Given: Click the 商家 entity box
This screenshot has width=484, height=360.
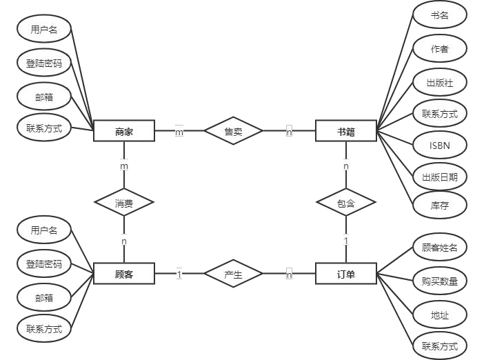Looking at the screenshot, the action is [124, 131].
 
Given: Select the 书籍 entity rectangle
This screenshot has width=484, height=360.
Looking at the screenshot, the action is [345, 131].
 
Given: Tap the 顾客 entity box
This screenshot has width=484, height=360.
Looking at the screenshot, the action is [124, 274].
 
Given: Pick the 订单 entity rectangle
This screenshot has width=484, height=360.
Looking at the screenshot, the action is [345, 274].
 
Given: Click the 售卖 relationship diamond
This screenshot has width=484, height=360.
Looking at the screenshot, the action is [233, 131].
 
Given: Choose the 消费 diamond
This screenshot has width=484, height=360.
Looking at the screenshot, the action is [124, 203].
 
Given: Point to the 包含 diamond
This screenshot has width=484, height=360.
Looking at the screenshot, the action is [345, 203].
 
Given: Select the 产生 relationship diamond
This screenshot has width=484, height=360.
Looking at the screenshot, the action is [233, 274].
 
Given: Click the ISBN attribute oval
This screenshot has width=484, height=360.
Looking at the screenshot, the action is [440, 145].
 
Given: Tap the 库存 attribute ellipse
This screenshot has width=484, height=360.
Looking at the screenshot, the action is [440, 205].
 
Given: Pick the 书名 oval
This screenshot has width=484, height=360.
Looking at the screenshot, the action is [440, 14].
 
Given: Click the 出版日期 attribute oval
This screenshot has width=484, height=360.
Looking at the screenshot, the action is [440, 177].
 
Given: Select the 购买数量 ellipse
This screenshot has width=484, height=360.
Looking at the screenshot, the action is [440, 281].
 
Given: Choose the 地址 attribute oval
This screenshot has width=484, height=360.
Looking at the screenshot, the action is [440, 315].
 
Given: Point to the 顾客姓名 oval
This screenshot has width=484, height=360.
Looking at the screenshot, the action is [440, 248].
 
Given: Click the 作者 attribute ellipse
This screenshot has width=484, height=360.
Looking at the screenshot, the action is [440, 48].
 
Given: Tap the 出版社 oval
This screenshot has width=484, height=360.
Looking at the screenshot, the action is [440, 83].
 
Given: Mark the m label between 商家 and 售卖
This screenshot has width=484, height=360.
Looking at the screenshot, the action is [179, 132].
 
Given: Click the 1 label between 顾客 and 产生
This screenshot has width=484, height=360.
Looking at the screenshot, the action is [179, 274].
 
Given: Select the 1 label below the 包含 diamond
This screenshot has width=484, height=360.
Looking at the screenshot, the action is [346, 241].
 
